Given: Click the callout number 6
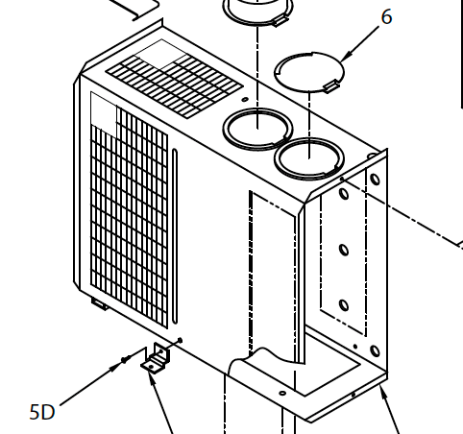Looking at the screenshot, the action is point(386,17).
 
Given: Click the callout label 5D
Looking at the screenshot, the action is point(42,412).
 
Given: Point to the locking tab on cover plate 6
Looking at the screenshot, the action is point(330,85).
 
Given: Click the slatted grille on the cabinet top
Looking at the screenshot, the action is point(174,85).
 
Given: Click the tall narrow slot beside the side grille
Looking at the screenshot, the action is point(175,236).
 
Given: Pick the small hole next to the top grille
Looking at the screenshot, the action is point(245,100).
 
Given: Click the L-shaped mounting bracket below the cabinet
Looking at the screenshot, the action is point(156,358).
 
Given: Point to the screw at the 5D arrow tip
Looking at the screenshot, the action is point(125,360).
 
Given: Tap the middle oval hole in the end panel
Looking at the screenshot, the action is point(344,250).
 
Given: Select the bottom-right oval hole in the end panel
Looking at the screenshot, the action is point(375,351).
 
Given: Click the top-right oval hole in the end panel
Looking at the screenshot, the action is point(375,179).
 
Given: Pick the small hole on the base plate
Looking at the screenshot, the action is point(282,393).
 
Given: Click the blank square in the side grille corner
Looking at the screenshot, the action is point(104,108).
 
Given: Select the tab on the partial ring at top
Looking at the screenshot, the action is point(280,21).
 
